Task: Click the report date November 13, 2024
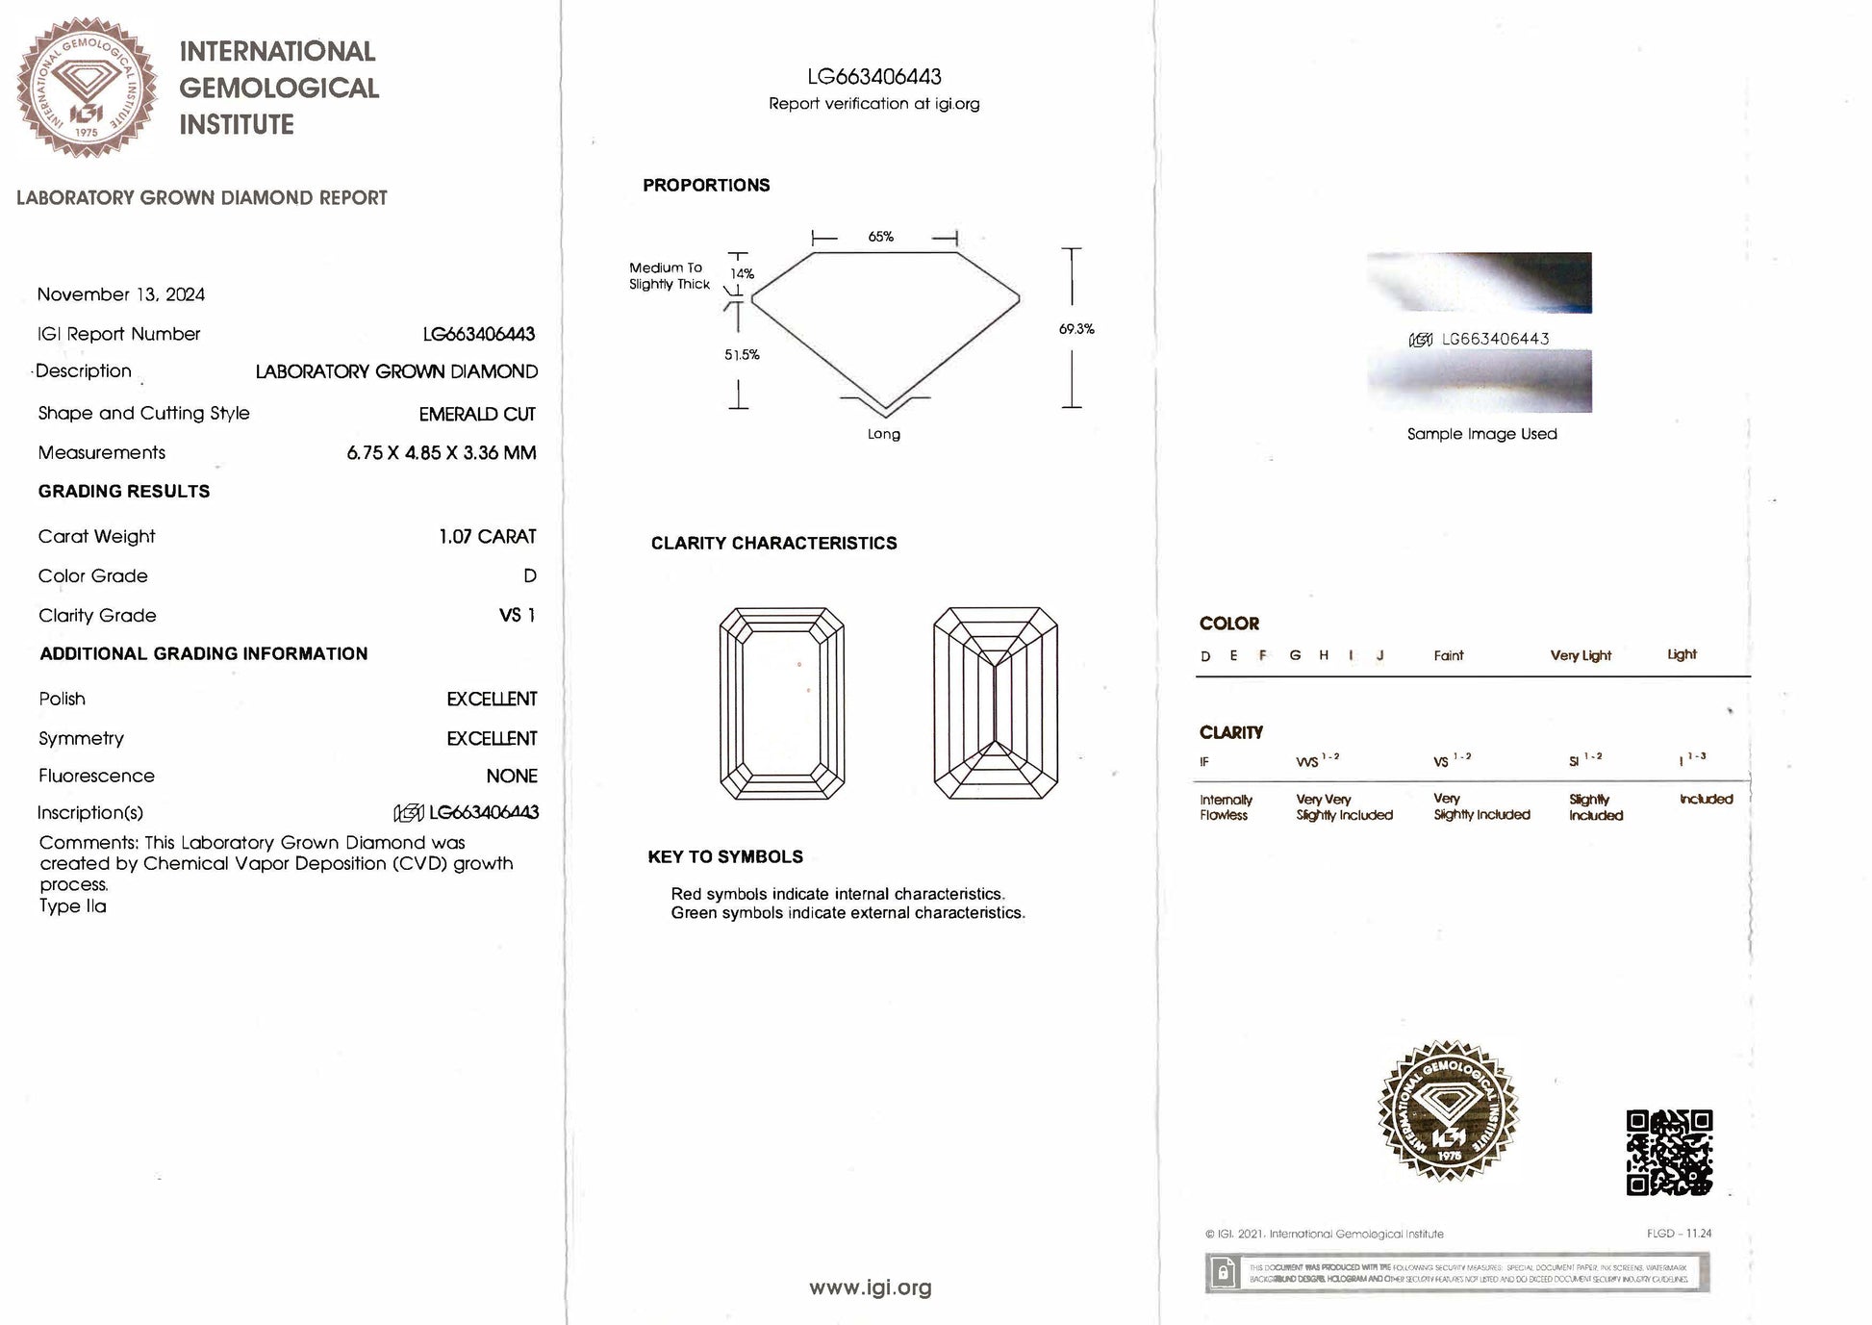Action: click(121, 294)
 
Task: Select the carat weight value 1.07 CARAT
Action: click(487, 536)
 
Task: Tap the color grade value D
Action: click(530, 575)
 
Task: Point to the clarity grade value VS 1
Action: click(517, 615)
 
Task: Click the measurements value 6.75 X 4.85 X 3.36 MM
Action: click(441, 452)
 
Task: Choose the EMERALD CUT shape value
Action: click(477, 414)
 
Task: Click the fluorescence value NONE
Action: click(511, 776)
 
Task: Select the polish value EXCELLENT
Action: click(492, 699)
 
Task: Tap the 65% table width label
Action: click(880, 237)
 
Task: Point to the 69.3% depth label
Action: click(1076, 329)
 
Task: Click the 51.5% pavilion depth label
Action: click(742, 355)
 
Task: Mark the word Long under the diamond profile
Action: click(883, 434)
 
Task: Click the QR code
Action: click(1669, 1153)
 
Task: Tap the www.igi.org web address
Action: click(870, 1287)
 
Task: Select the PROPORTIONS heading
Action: click(706, 185)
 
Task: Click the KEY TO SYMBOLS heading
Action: click(725, 856)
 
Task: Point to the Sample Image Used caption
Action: click(1481, 434)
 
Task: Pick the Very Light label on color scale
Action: click(1581, 655)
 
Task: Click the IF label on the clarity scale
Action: click(1204, 762)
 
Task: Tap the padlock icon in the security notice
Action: click(1223, 1273)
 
